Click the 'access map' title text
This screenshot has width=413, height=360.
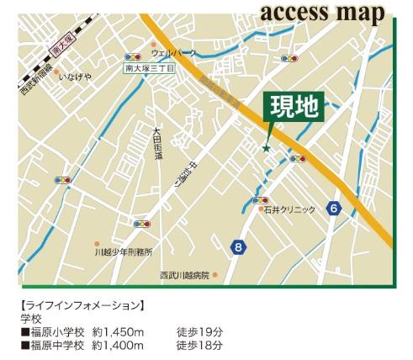click(x=322, y=13)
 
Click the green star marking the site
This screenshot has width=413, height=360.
click(x=267, y=149)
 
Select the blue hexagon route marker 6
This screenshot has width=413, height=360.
click(x=335, y=209)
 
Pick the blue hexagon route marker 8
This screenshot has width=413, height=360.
click(x=240, y=246)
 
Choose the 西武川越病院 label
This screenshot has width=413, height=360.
click(x=184, y=275)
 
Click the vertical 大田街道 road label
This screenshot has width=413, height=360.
click(x=157, y=143)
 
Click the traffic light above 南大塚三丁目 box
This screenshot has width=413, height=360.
click(x=132, y=58)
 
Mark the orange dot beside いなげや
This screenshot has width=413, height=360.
click(x=61, y=75)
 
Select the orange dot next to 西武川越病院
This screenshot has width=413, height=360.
click(x=215, y=275)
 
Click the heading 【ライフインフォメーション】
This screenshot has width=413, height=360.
click(x=82, y=305)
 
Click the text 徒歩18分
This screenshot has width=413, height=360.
click(x=199, y=345)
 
